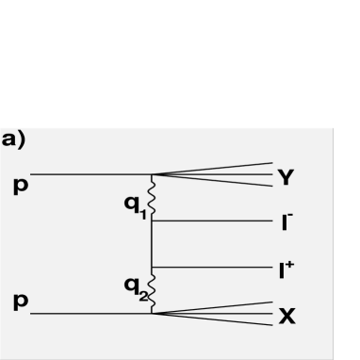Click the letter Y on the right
click(x=286, y=176)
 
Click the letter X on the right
click(x=286, y=316)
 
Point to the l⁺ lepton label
click(x=286, y=269)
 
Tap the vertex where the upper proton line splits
click(x=153, y=174)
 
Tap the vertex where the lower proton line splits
click(x=153, y=313)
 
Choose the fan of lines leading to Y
click(x=226, y=174)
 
